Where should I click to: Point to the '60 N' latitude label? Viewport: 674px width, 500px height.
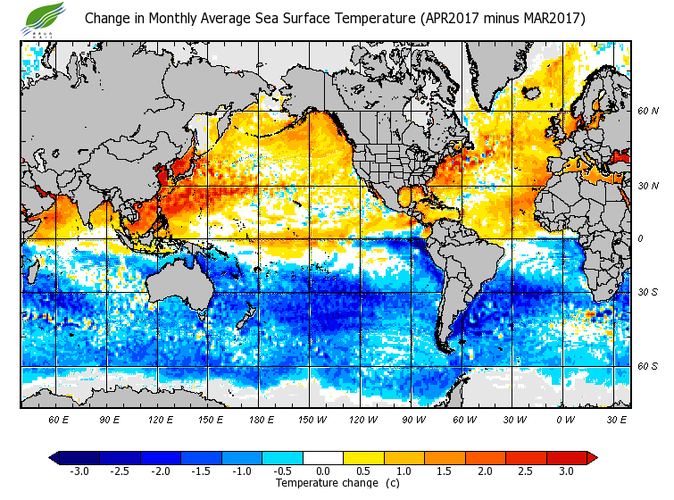(648, 112)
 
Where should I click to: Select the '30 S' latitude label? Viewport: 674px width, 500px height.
(648, 292)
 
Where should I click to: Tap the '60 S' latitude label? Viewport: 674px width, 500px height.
(648, 366)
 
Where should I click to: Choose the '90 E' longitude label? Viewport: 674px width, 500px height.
(109, 419)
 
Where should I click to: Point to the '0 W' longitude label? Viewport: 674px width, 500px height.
(565, 419)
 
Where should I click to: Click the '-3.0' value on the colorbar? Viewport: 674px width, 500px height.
(79, 471)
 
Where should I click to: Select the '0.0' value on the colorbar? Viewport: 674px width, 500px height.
(323, 471)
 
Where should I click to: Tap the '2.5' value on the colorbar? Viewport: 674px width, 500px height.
(527, 471)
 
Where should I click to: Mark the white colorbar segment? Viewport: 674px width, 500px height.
(323, 458)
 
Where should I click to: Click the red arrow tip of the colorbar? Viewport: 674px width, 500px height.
(592, 458)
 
